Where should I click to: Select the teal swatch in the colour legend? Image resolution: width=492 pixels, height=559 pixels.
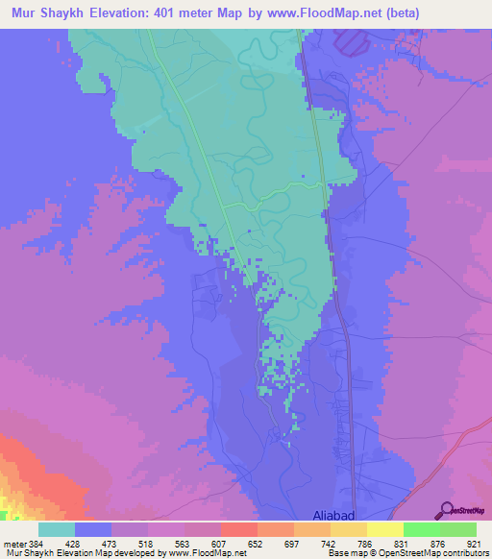click(x=57, y=529)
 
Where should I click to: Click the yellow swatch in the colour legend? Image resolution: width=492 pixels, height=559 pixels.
click(x=384, y=529)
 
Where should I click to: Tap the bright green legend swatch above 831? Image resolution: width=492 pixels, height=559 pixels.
click(x=421, y=529)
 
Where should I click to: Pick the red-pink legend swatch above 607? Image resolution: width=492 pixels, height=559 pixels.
click(x=238, y=529)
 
